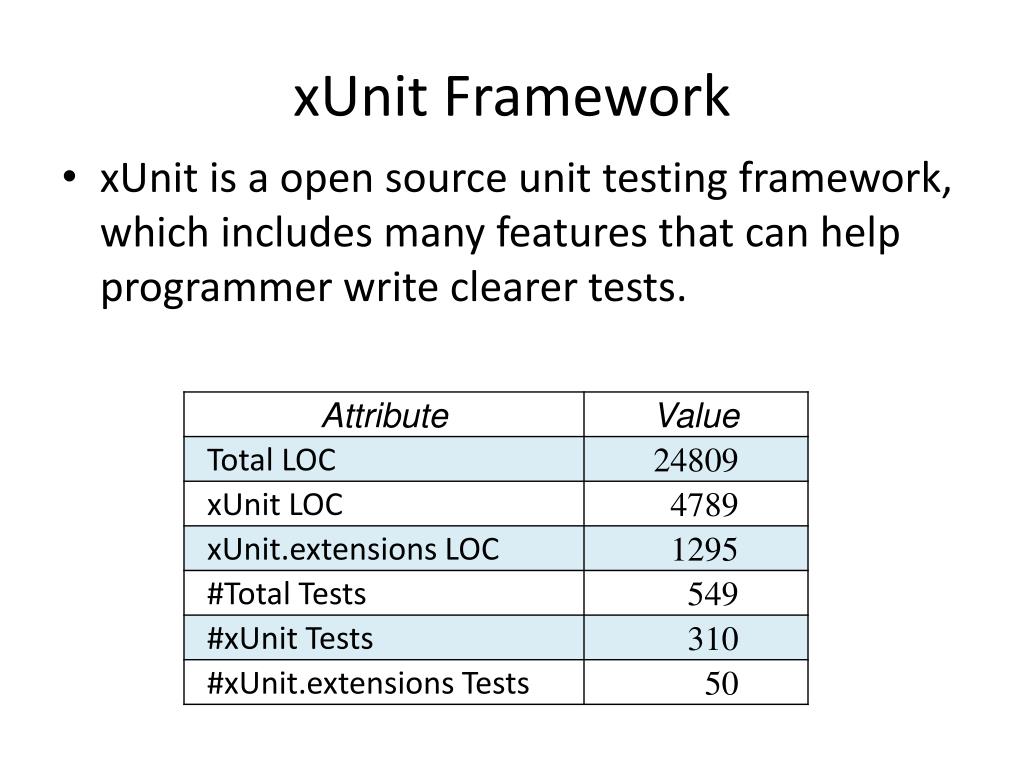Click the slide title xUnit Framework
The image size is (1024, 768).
click(x=511, y=98)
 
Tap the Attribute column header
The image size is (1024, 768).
click(x=384, y=416)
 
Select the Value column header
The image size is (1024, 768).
click(x=697, y=416)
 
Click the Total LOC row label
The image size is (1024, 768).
click(x=271, y=460)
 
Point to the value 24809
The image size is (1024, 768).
click(x=696, y=461)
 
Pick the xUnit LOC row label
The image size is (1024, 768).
click(x=274, y=505)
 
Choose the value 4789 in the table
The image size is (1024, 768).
click(x=704, y=506)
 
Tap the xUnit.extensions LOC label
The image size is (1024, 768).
click(x=352, y=549)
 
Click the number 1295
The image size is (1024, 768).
click(x=704, y=551)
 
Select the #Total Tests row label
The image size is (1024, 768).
click(x=286, y=594)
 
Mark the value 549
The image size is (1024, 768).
click(x=712, y=596)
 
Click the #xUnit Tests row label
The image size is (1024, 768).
click(x=289, y=638)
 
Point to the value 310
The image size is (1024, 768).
click(x=712, y=640)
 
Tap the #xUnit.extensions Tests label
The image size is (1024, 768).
click(x=367, y=683)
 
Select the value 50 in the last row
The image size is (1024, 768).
click(x=721, y=685)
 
